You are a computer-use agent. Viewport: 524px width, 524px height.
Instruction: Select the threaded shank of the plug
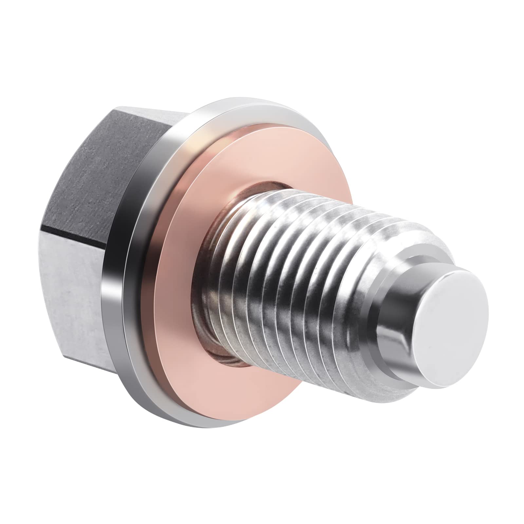[x=295, y=285]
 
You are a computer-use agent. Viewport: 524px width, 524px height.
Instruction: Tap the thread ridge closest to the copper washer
[x=210, y=288]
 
